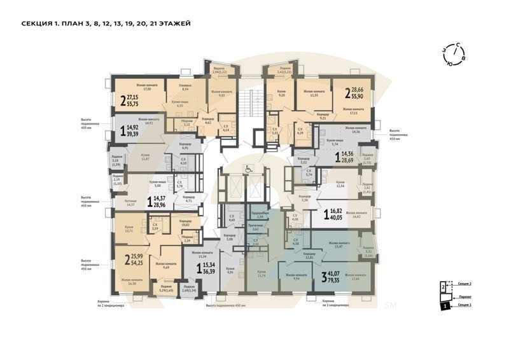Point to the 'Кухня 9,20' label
(x=279, y=93)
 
